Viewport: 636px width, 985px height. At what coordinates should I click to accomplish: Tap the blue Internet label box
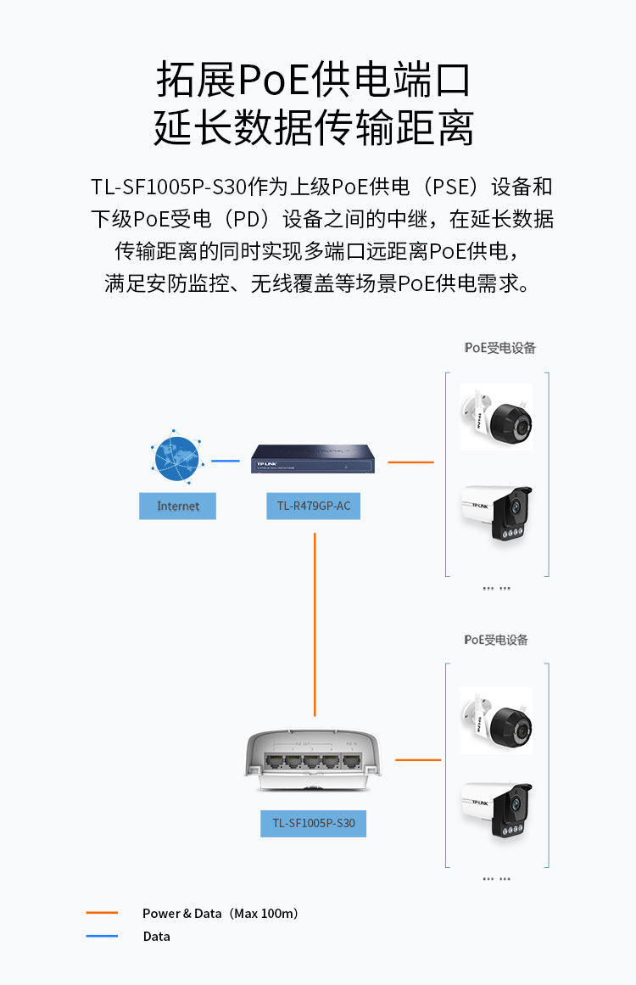coord(178,506)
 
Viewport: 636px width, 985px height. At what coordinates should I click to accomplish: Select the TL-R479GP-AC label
coord(313,506)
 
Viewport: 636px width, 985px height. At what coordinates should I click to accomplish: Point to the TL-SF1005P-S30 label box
coord(313,823)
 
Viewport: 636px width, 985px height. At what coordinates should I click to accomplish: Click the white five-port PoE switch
coord(315,757)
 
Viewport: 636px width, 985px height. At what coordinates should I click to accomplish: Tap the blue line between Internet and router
coord(226,461)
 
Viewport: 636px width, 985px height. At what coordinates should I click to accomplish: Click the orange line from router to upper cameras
coord(410,462)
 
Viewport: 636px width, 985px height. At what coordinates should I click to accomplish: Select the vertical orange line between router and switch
coord(315,624)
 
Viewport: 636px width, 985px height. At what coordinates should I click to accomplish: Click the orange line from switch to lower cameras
coord(417,759)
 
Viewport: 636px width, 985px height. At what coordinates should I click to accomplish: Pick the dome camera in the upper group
coord(496,417)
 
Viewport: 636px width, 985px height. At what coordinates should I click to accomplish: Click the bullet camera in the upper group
coord(496,512)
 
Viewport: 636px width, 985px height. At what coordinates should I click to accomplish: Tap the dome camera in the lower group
coord(496,720)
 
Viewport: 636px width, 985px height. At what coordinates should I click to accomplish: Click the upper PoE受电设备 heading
coord(500,348)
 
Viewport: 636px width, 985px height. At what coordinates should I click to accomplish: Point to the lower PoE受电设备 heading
coord(496,640)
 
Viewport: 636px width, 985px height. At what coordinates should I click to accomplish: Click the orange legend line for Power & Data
coord(102,913)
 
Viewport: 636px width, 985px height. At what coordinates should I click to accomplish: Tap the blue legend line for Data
coord(102,936)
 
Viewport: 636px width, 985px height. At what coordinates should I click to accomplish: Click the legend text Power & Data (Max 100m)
coord(220,914)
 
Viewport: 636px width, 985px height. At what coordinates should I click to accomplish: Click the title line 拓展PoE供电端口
coord(314,81)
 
